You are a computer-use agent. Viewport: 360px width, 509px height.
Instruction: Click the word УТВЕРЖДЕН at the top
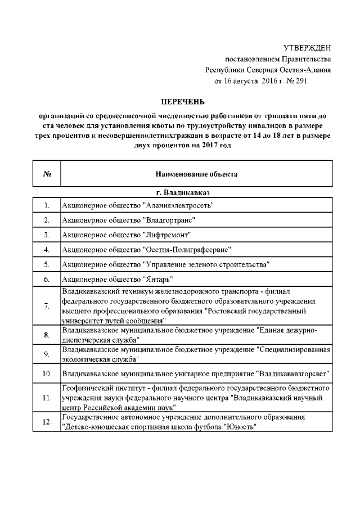coord(307,48)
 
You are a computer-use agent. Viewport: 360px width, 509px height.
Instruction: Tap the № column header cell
coord(47,174)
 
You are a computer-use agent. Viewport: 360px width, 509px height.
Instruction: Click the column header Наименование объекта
coord(196,174)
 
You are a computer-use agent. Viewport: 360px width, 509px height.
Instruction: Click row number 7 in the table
coord(47,305)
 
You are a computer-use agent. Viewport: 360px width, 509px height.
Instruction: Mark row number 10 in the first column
coord(47,373)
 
